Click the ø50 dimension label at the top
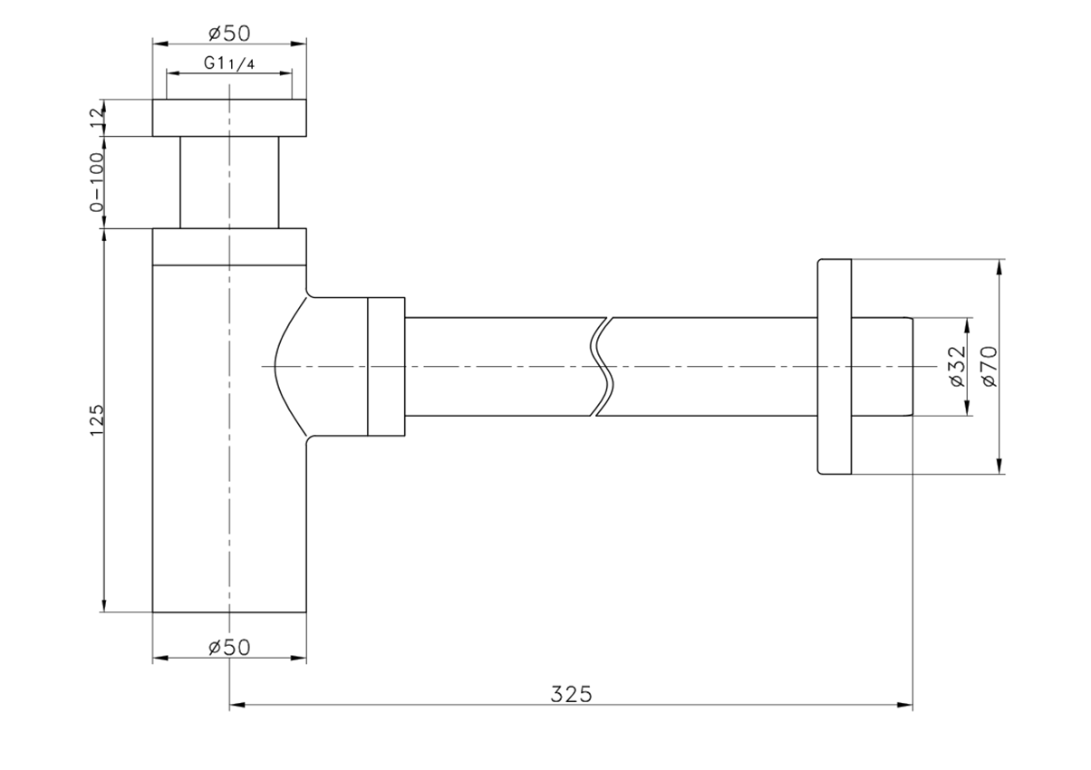229,34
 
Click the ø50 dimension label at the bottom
229,647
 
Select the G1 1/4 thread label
229,63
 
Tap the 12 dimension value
98,119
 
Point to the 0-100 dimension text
97,182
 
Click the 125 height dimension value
97,419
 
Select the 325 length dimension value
571,694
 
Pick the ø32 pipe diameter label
958,366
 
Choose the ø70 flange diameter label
990,366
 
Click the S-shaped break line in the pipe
602,367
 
